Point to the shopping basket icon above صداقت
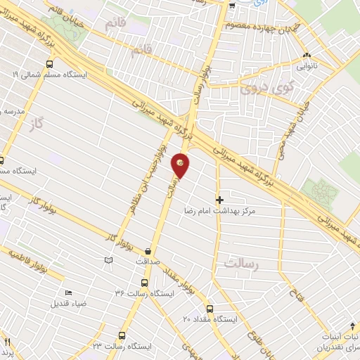[x=148, y=250]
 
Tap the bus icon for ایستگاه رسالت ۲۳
[x=122, y=336]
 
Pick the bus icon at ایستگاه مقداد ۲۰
[x=210, y=309]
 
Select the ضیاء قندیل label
[x=68, y=304]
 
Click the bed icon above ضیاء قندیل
[x=68, y=293]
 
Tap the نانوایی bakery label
[x=306, y=67]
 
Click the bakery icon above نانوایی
[x=306, y=56]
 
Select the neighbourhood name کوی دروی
[x=259, y=89]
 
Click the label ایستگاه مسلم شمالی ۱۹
[x=42, y=72]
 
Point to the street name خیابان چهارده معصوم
[x=260, y=25]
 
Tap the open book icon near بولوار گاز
[x=108, y=260]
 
